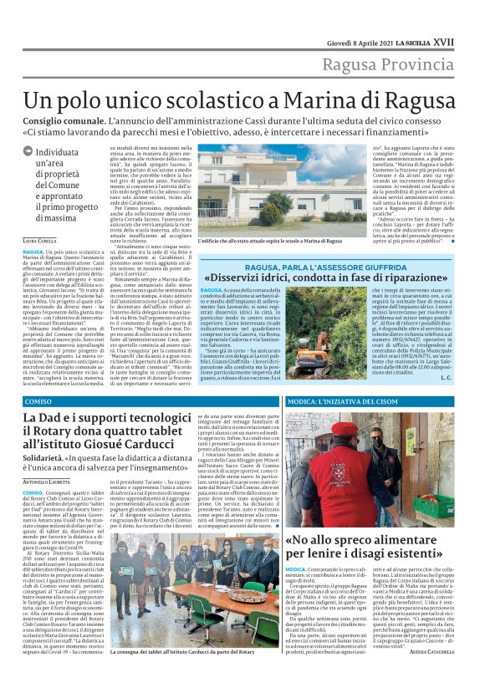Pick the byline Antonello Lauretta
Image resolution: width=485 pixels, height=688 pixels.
(x=48, y=482)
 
